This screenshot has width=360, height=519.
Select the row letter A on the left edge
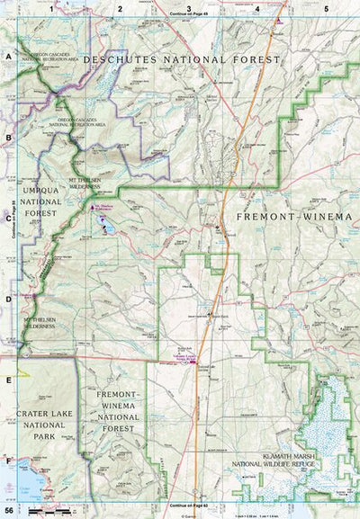coord(8,56)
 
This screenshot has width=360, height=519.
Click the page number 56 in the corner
coord(9,512)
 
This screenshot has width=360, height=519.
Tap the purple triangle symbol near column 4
coord(281,20)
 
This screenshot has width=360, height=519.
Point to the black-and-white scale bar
coord(54,511)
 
